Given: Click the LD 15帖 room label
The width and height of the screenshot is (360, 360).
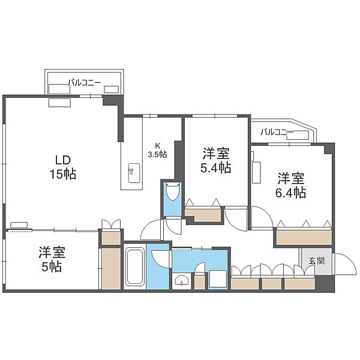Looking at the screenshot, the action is click(63, 167).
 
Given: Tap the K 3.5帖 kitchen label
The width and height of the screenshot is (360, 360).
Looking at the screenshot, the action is click(157, 150).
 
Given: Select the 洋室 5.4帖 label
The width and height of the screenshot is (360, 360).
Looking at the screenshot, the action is click(216, 160).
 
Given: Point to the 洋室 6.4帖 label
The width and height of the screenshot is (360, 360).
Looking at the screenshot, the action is click(290, 185).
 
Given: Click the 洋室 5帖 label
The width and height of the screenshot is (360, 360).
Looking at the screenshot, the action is click(52, 259).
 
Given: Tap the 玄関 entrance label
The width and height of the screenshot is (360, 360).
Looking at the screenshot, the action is click(316, 261).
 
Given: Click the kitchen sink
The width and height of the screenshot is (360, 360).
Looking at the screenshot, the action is click(134, 173).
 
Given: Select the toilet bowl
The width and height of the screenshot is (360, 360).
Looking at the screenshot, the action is click(172, 192).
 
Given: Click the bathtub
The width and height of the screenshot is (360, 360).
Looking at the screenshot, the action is click(135, 266).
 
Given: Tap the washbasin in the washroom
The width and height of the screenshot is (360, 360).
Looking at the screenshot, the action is click(182, 280).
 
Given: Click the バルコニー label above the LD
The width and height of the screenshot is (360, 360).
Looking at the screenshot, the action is click(84, 83).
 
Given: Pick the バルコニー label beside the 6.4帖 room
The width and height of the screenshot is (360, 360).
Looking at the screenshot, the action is click(277, 132).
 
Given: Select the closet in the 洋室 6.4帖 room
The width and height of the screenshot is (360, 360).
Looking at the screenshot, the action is click(304, 237).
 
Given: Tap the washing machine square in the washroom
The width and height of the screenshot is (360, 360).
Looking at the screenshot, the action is click(218, 279).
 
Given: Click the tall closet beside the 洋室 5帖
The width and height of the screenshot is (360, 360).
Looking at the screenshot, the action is click(111, 268).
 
